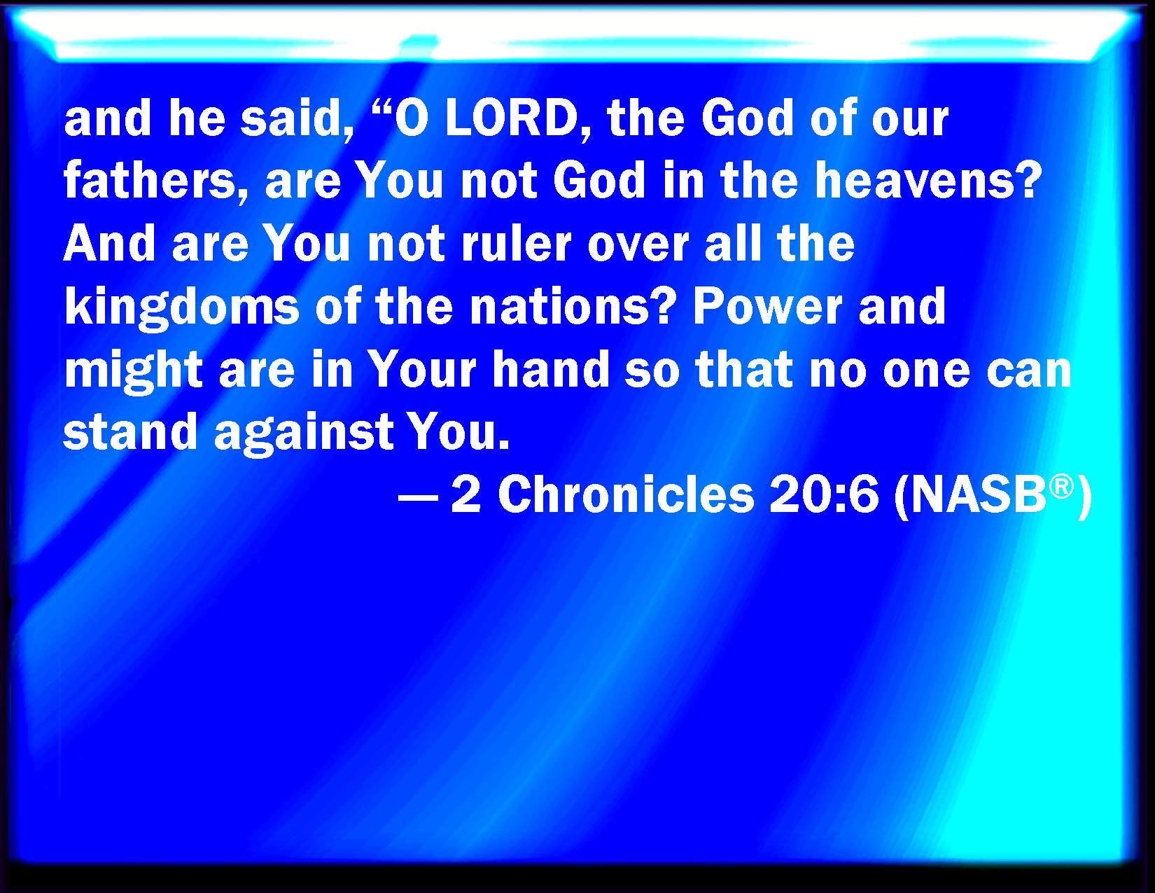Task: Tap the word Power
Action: (x=767, y=307)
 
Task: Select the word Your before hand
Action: (x=422, y=370)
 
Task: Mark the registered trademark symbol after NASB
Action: (x=1061, y=487)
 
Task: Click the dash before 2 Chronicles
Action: (x=418, y=499)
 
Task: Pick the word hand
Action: (x=551, y=370)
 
